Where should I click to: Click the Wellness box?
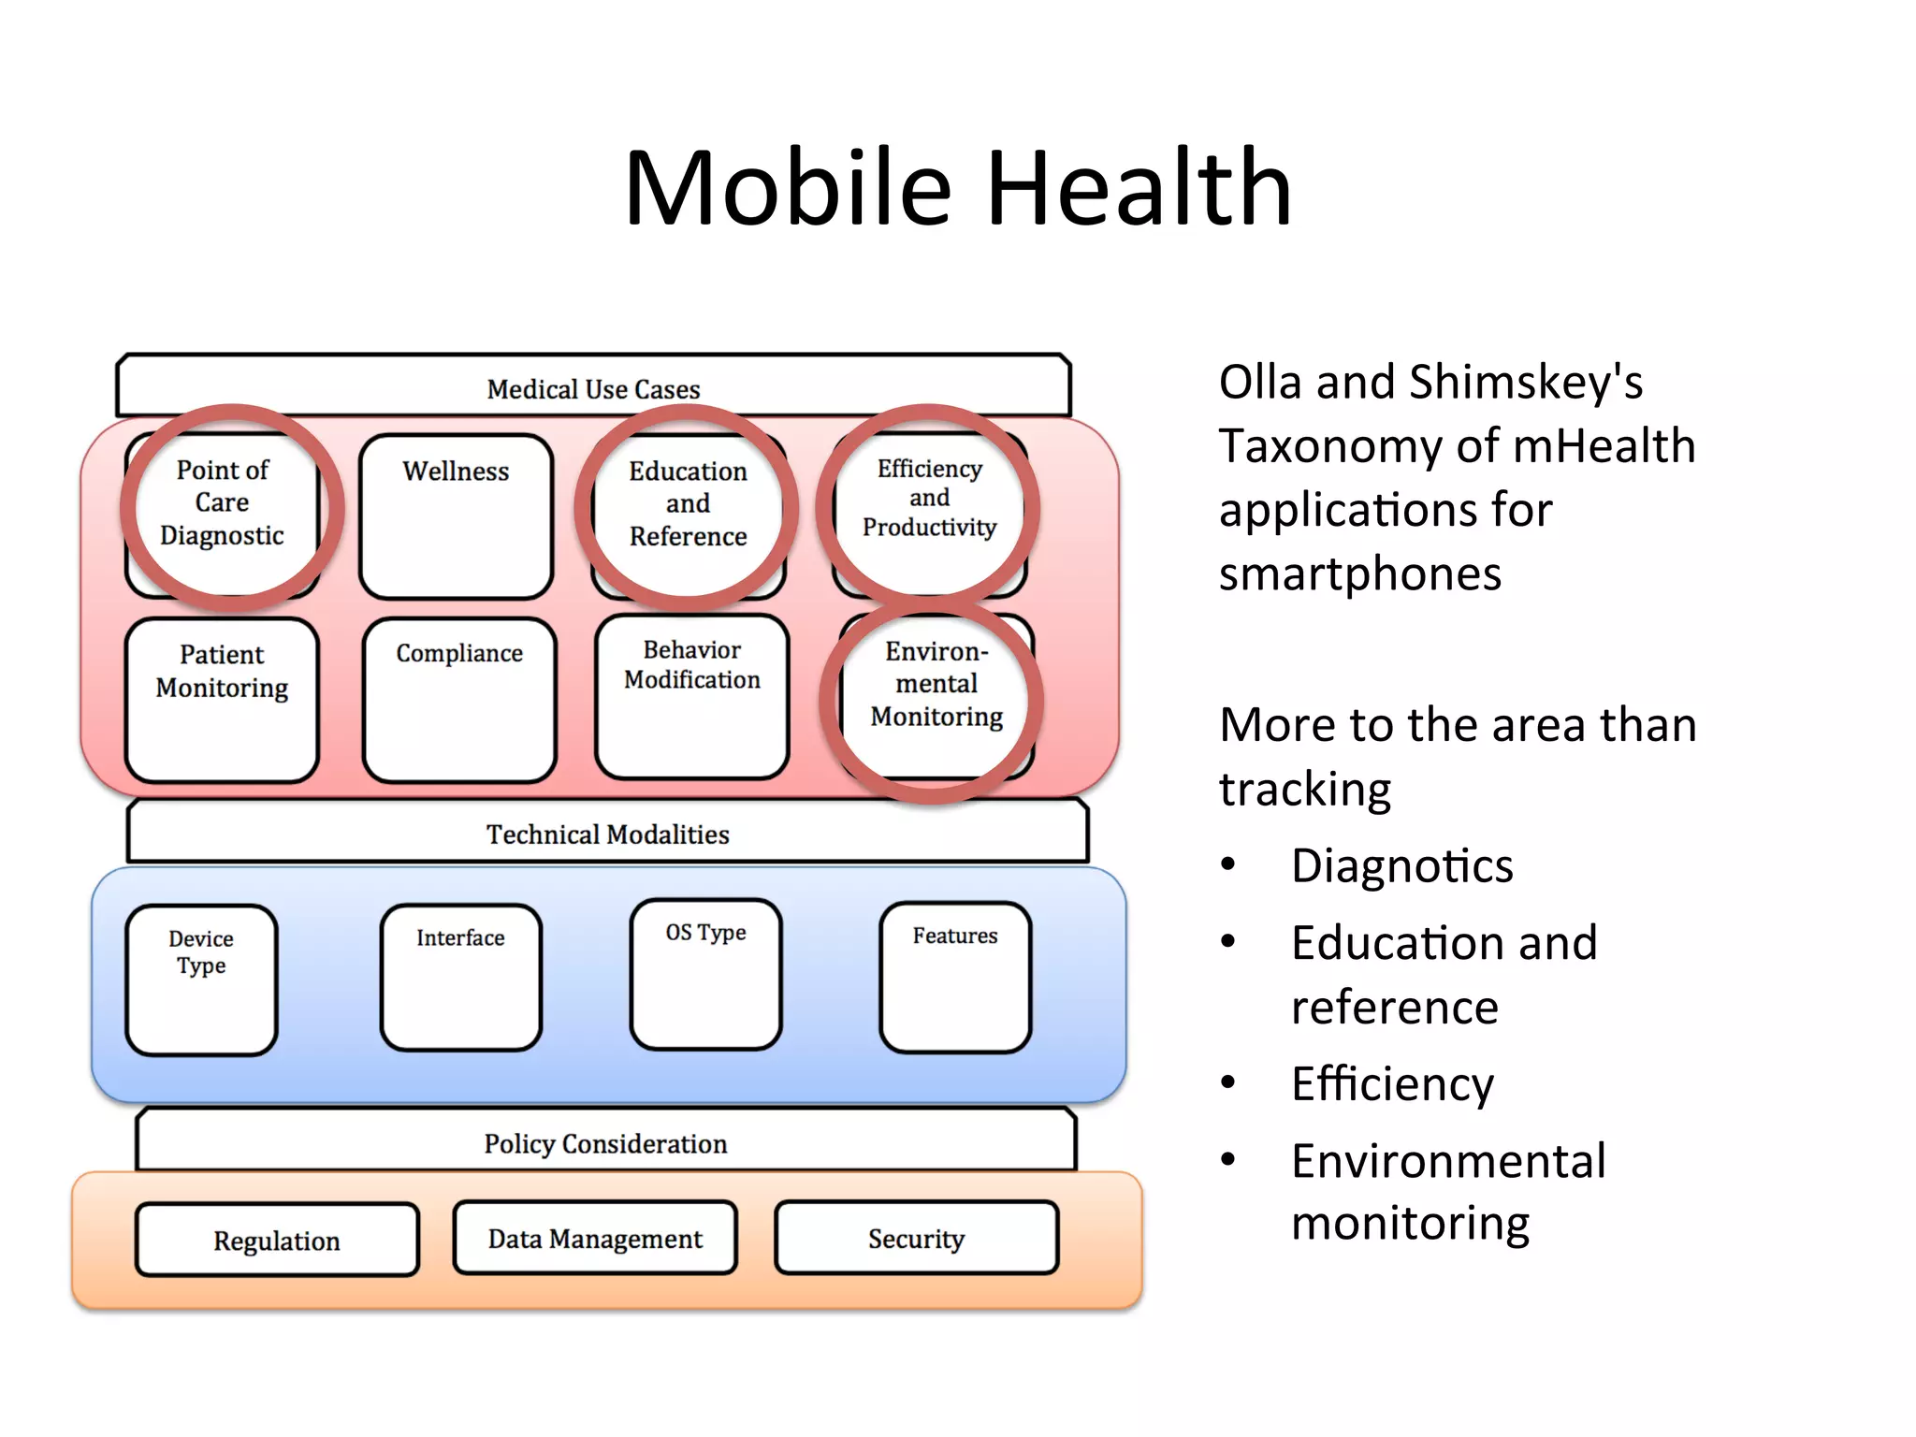456,516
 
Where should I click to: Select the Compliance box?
459,700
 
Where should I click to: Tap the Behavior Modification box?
691,696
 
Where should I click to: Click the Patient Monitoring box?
222,700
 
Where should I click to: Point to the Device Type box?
201,980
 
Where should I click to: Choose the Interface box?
460,977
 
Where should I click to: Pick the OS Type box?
705,974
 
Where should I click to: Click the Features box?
955,977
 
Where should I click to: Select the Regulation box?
277,1241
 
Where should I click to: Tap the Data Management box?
595,1239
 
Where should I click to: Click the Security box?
916,1239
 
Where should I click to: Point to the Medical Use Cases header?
593,387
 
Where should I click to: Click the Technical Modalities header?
607,833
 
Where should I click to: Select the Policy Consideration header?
605,1142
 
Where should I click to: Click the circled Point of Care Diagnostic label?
223,502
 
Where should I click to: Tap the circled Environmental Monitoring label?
936,684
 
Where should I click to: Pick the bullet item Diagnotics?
1401,865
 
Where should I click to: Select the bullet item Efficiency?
1392,1084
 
